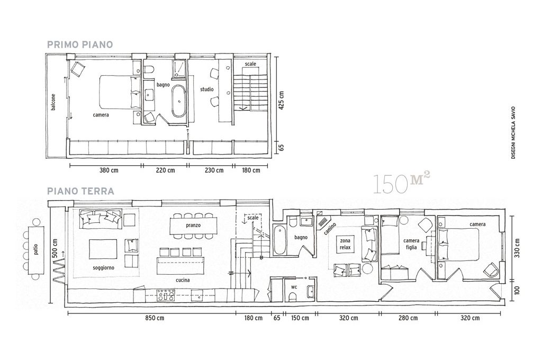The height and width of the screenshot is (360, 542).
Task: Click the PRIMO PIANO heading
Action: [80, 44]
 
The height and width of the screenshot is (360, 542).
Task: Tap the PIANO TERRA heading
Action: [80, 191]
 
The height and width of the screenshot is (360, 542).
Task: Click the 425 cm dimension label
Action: [281, 101]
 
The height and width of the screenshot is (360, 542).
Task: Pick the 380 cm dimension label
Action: [109, 170]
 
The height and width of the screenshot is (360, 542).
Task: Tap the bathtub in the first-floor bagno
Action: [179, 101]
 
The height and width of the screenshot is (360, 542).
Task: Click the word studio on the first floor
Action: [207, 89]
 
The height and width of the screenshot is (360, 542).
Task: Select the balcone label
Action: [53, 102]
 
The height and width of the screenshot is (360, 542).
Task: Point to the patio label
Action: [37, 249]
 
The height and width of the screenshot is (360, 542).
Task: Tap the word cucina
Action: [183, 280]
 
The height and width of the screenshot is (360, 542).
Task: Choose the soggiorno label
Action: [103, 268]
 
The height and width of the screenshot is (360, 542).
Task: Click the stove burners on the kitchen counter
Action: [166, 295]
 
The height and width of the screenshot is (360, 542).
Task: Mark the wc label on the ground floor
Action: [294, 287]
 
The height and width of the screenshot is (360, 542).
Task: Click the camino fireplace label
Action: [330, 229]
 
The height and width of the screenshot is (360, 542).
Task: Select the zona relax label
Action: [345, 244]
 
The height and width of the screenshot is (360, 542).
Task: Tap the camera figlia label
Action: [411, 244]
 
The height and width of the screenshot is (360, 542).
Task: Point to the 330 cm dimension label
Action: [517, 248]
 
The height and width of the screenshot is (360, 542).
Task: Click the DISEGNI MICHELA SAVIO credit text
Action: [513, 132]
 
